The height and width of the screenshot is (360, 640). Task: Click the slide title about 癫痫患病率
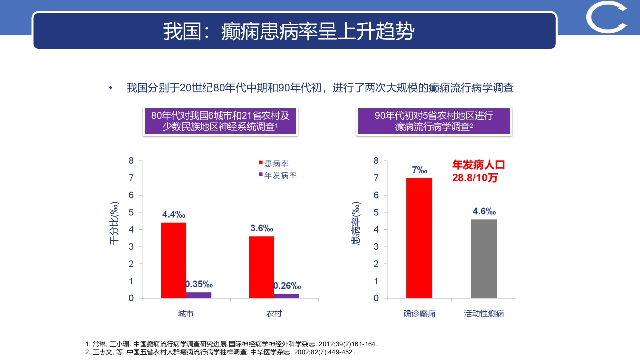pos(289,31)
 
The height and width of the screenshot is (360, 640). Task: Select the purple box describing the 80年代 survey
pos(220,121)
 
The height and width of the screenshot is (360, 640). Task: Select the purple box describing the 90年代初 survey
pos(433,121)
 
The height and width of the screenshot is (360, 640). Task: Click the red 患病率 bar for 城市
pos(173,260)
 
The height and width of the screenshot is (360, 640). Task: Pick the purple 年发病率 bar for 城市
pos(199,295)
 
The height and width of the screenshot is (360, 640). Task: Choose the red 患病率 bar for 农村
pos(261,267)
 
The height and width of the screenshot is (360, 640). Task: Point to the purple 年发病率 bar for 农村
pos(287,296)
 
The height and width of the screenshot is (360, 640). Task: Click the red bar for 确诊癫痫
pos(419,238)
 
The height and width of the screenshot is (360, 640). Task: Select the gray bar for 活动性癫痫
pos(484,258)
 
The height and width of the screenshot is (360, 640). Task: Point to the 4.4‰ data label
pos(173,215)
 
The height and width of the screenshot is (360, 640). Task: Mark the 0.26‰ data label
pos(287,286)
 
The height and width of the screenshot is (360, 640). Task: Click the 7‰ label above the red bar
pos(419,170)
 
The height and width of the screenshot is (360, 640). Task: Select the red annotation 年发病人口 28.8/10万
pos(479,171)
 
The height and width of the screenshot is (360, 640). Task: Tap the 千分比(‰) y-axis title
pos(114,224)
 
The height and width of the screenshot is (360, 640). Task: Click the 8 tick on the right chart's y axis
pos(376,161)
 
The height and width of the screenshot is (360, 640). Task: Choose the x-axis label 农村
pos(273,314)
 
